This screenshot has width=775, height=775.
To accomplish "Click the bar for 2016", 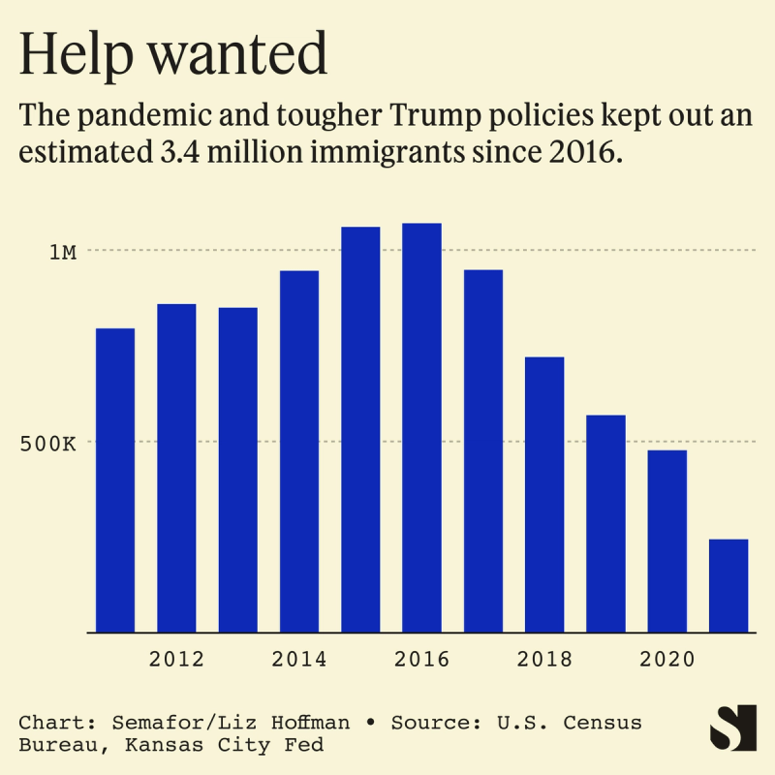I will [x=421, y=428].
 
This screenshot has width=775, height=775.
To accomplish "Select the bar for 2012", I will [x=176, y=468].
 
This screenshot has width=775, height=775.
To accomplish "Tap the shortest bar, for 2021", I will [x=728, y=585].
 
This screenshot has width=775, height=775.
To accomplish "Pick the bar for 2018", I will [x=544, y=494].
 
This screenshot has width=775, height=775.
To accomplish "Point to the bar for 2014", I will [x=299, y=451].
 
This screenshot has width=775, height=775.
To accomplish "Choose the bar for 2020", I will [x=667, y=541].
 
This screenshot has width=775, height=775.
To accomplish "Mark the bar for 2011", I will [x=115, y=480].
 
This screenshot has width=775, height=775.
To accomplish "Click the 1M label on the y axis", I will [x=63, y=252].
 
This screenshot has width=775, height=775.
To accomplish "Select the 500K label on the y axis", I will [x=48, y=444].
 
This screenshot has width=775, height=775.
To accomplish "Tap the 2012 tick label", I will [x=176, y=660].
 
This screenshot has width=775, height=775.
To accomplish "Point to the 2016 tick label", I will [x=421, y=660].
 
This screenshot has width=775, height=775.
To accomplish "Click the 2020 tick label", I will [x=667, y=660].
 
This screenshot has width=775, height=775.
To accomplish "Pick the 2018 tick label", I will [x=544, y=660].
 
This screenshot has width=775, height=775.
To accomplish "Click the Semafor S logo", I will [x=732, y=727].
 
